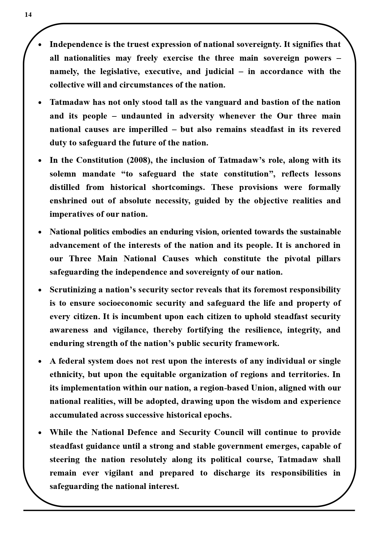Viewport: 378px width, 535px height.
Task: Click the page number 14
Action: (x=28, y=15)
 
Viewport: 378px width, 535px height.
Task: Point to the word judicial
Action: (x=220, y=72)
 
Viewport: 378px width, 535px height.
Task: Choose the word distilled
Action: (x=65, y=187)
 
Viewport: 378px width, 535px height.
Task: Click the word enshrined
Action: (x=68, y=201)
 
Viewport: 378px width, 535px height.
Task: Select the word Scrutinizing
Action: (x=73, y=290)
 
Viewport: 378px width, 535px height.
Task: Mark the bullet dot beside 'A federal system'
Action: (x=40, y=362)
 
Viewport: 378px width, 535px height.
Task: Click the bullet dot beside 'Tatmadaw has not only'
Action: (x=40, y=103)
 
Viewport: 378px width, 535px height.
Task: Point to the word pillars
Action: (x=328, y=259)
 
